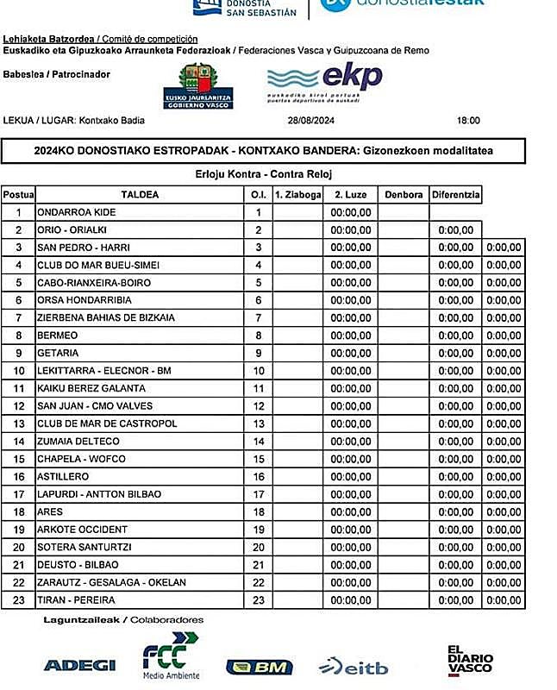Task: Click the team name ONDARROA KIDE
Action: coord(76,212)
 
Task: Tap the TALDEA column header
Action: coord(140,194)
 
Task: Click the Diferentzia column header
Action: coord(455,194)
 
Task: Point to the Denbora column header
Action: coord(404,194)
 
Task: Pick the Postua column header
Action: coord(18,194)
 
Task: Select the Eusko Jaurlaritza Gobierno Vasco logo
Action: coord(197,86)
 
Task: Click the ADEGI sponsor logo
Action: coord(79,665)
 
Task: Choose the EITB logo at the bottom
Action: coord(353,667)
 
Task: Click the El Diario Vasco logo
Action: coord(470,660)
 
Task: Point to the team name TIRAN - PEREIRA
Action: coord(76,600)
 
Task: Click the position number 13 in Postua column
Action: coord(18,423)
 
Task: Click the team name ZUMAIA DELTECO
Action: coord(78,442)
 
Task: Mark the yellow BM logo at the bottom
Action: coord(259,667)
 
